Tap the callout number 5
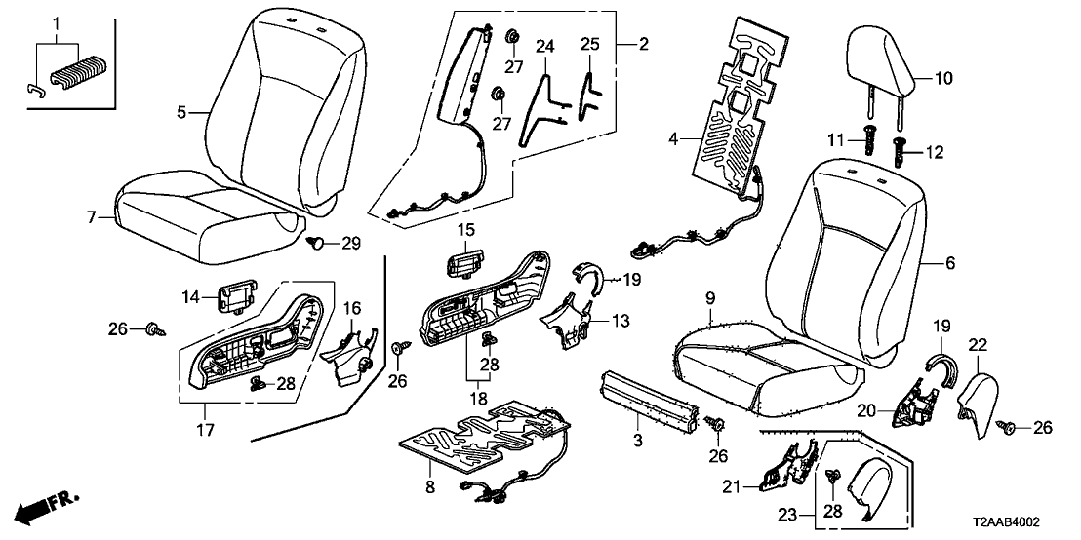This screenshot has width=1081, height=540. (x=181, y=112)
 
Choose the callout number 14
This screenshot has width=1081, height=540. (x=190, y=295)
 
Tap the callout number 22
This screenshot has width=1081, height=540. (x=979, y=344)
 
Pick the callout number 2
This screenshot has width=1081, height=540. (x=643, y=43)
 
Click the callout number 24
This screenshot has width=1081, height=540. (x=544, y=47)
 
